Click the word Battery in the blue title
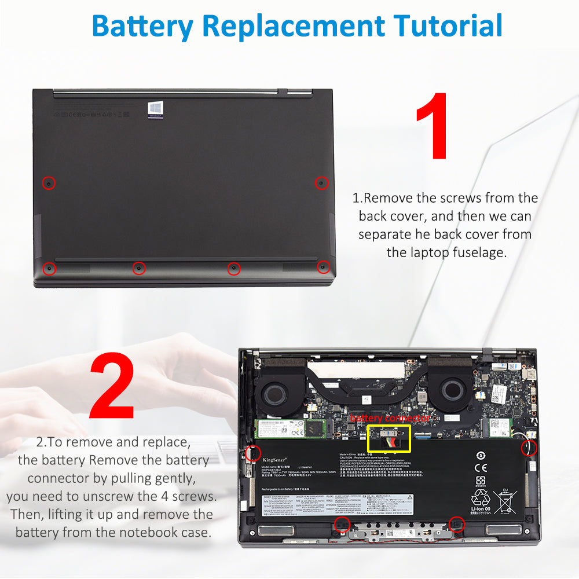click(142, 26)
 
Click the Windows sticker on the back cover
click(155, 109)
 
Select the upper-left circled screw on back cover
click(50, 183)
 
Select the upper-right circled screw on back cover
click(321, 183)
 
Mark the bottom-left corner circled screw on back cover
click(50, 268)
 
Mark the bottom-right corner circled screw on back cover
click(323, 267)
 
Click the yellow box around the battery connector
click(389, 439)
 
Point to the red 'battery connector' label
click(390, 418)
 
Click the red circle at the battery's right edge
click(529, 448)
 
